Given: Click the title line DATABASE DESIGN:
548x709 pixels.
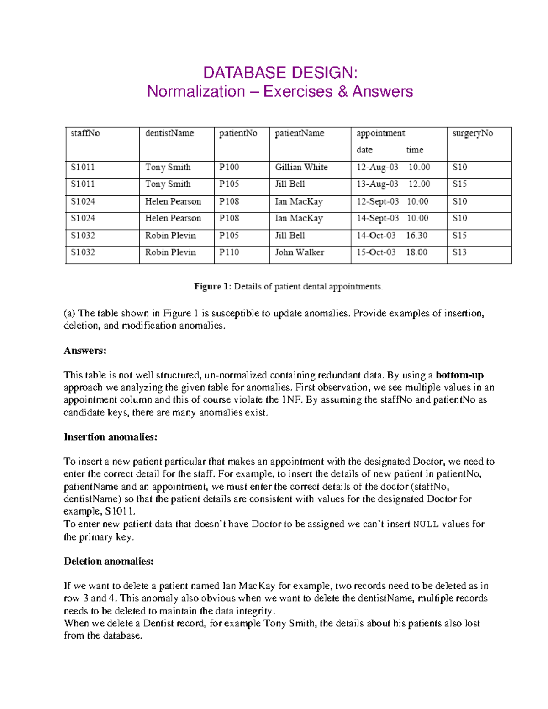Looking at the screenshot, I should [280, 73].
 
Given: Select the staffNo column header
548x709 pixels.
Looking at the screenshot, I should [85, 133].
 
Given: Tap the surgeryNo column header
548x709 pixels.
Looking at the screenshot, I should [472, 133].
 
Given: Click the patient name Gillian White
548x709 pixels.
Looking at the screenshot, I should [301, 168].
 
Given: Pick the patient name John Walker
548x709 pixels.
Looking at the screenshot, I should [299, 252].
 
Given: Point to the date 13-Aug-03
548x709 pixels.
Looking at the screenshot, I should [377, 184].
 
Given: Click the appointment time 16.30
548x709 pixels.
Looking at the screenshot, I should [416, 236].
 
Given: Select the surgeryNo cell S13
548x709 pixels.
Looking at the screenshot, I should [459, 252].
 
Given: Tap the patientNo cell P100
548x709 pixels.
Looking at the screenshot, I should [229, 168].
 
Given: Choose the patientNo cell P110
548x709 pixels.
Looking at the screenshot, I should [229, 252].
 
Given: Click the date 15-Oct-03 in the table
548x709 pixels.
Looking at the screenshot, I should [376, 252].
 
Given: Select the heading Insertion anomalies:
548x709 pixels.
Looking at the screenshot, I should [111, 437].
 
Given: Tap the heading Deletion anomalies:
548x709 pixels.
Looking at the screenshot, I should [109, 562].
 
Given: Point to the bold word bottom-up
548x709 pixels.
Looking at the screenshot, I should [459, 375].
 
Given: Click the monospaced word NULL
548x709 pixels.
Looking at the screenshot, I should [426, 525].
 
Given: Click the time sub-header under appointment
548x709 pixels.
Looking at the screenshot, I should [415, 150].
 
